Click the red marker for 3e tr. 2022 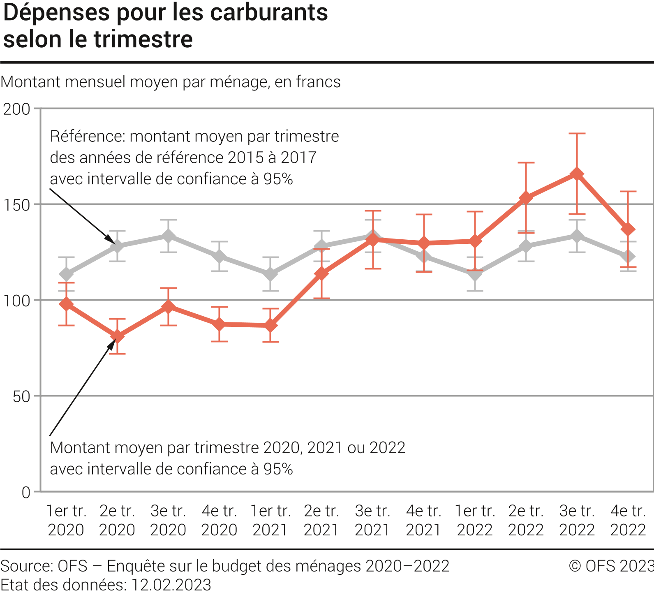tap(577, 174)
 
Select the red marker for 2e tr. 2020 tap(117, 336)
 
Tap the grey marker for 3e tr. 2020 tap(168, 236)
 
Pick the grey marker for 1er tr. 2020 tap(66, 274)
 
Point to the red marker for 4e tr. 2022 tap(628, 229)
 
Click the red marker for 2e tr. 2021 tap(321, 273)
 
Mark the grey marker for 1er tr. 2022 tap(475, 274)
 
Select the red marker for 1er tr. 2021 tap(270, 325)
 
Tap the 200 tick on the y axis tap(17, 109)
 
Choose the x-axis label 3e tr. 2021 tap(372, 520)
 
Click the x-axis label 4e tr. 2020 tap(219, 520)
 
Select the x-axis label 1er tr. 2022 tap(475, 520)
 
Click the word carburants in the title tap(269, 12)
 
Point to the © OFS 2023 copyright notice tap(611, 566)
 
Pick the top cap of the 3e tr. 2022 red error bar tap(577, 134)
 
